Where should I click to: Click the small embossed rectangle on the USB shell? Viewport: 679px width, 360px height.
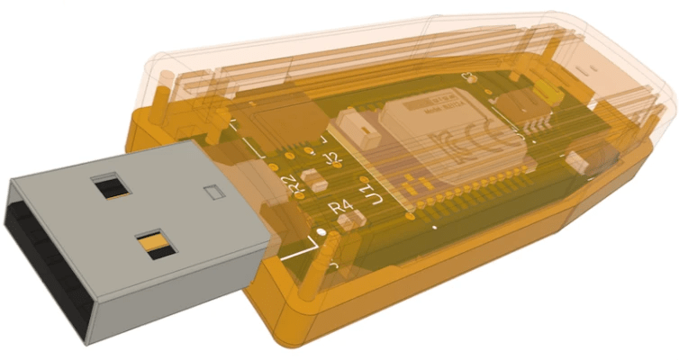click(212, 191)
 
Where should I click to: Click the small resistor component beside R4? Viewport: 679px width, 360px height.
click(356, 217)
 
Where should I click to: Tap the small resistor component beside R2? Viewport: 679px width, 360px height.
click(314, 179)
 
